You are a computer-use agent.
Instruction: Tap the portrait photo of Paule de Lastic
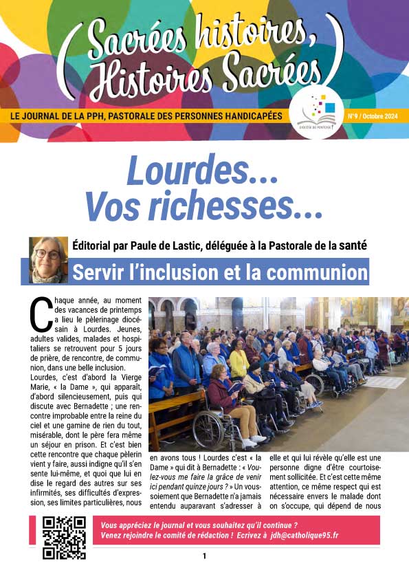[48, 260]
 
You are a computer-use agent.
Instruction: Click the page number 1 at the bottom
[204, 556]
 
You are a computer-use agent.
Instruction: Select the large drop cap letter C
[39, 314]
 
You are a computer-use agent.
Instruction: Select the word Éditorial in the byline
[96, 243]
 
